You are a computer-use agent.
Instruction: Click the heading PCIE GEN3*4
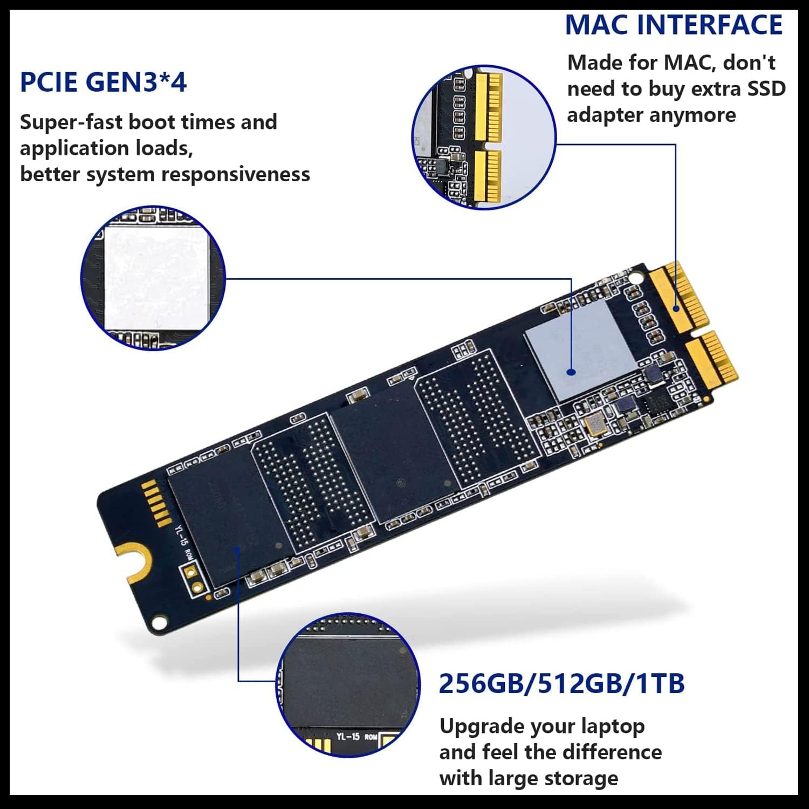pyautogui.click(x=103, y=83)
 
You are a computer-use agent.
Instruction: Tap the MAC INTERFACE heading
pyautogui.click(x=674, y=25)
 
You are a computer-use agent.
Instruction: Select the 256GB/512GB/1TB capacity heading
pyautogui.click(x=561, y=683)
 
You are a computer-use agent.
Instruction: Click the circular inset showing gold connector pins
pyautogui.click(x=484, y=137)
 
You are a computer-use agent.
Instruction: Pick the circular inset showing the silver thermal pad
pyautogui.click(x=153, y=277)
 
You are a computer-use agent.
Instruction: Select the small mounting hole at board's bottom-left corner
pyautogui.click(x=158, y=623)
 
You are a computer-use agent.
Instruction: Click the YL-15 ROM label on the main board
pyautogui.click(x=182, y=541)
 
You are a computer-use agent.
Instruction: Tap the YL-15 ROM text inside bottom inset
pyautogui.click(x=356, y=736)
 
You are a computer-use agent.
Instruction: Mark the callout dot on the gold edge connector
pyautogui.click(x=676, y=308)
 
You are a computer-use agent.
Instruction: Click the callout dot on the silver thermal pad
pyautogui.click(x=571, y=372)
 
